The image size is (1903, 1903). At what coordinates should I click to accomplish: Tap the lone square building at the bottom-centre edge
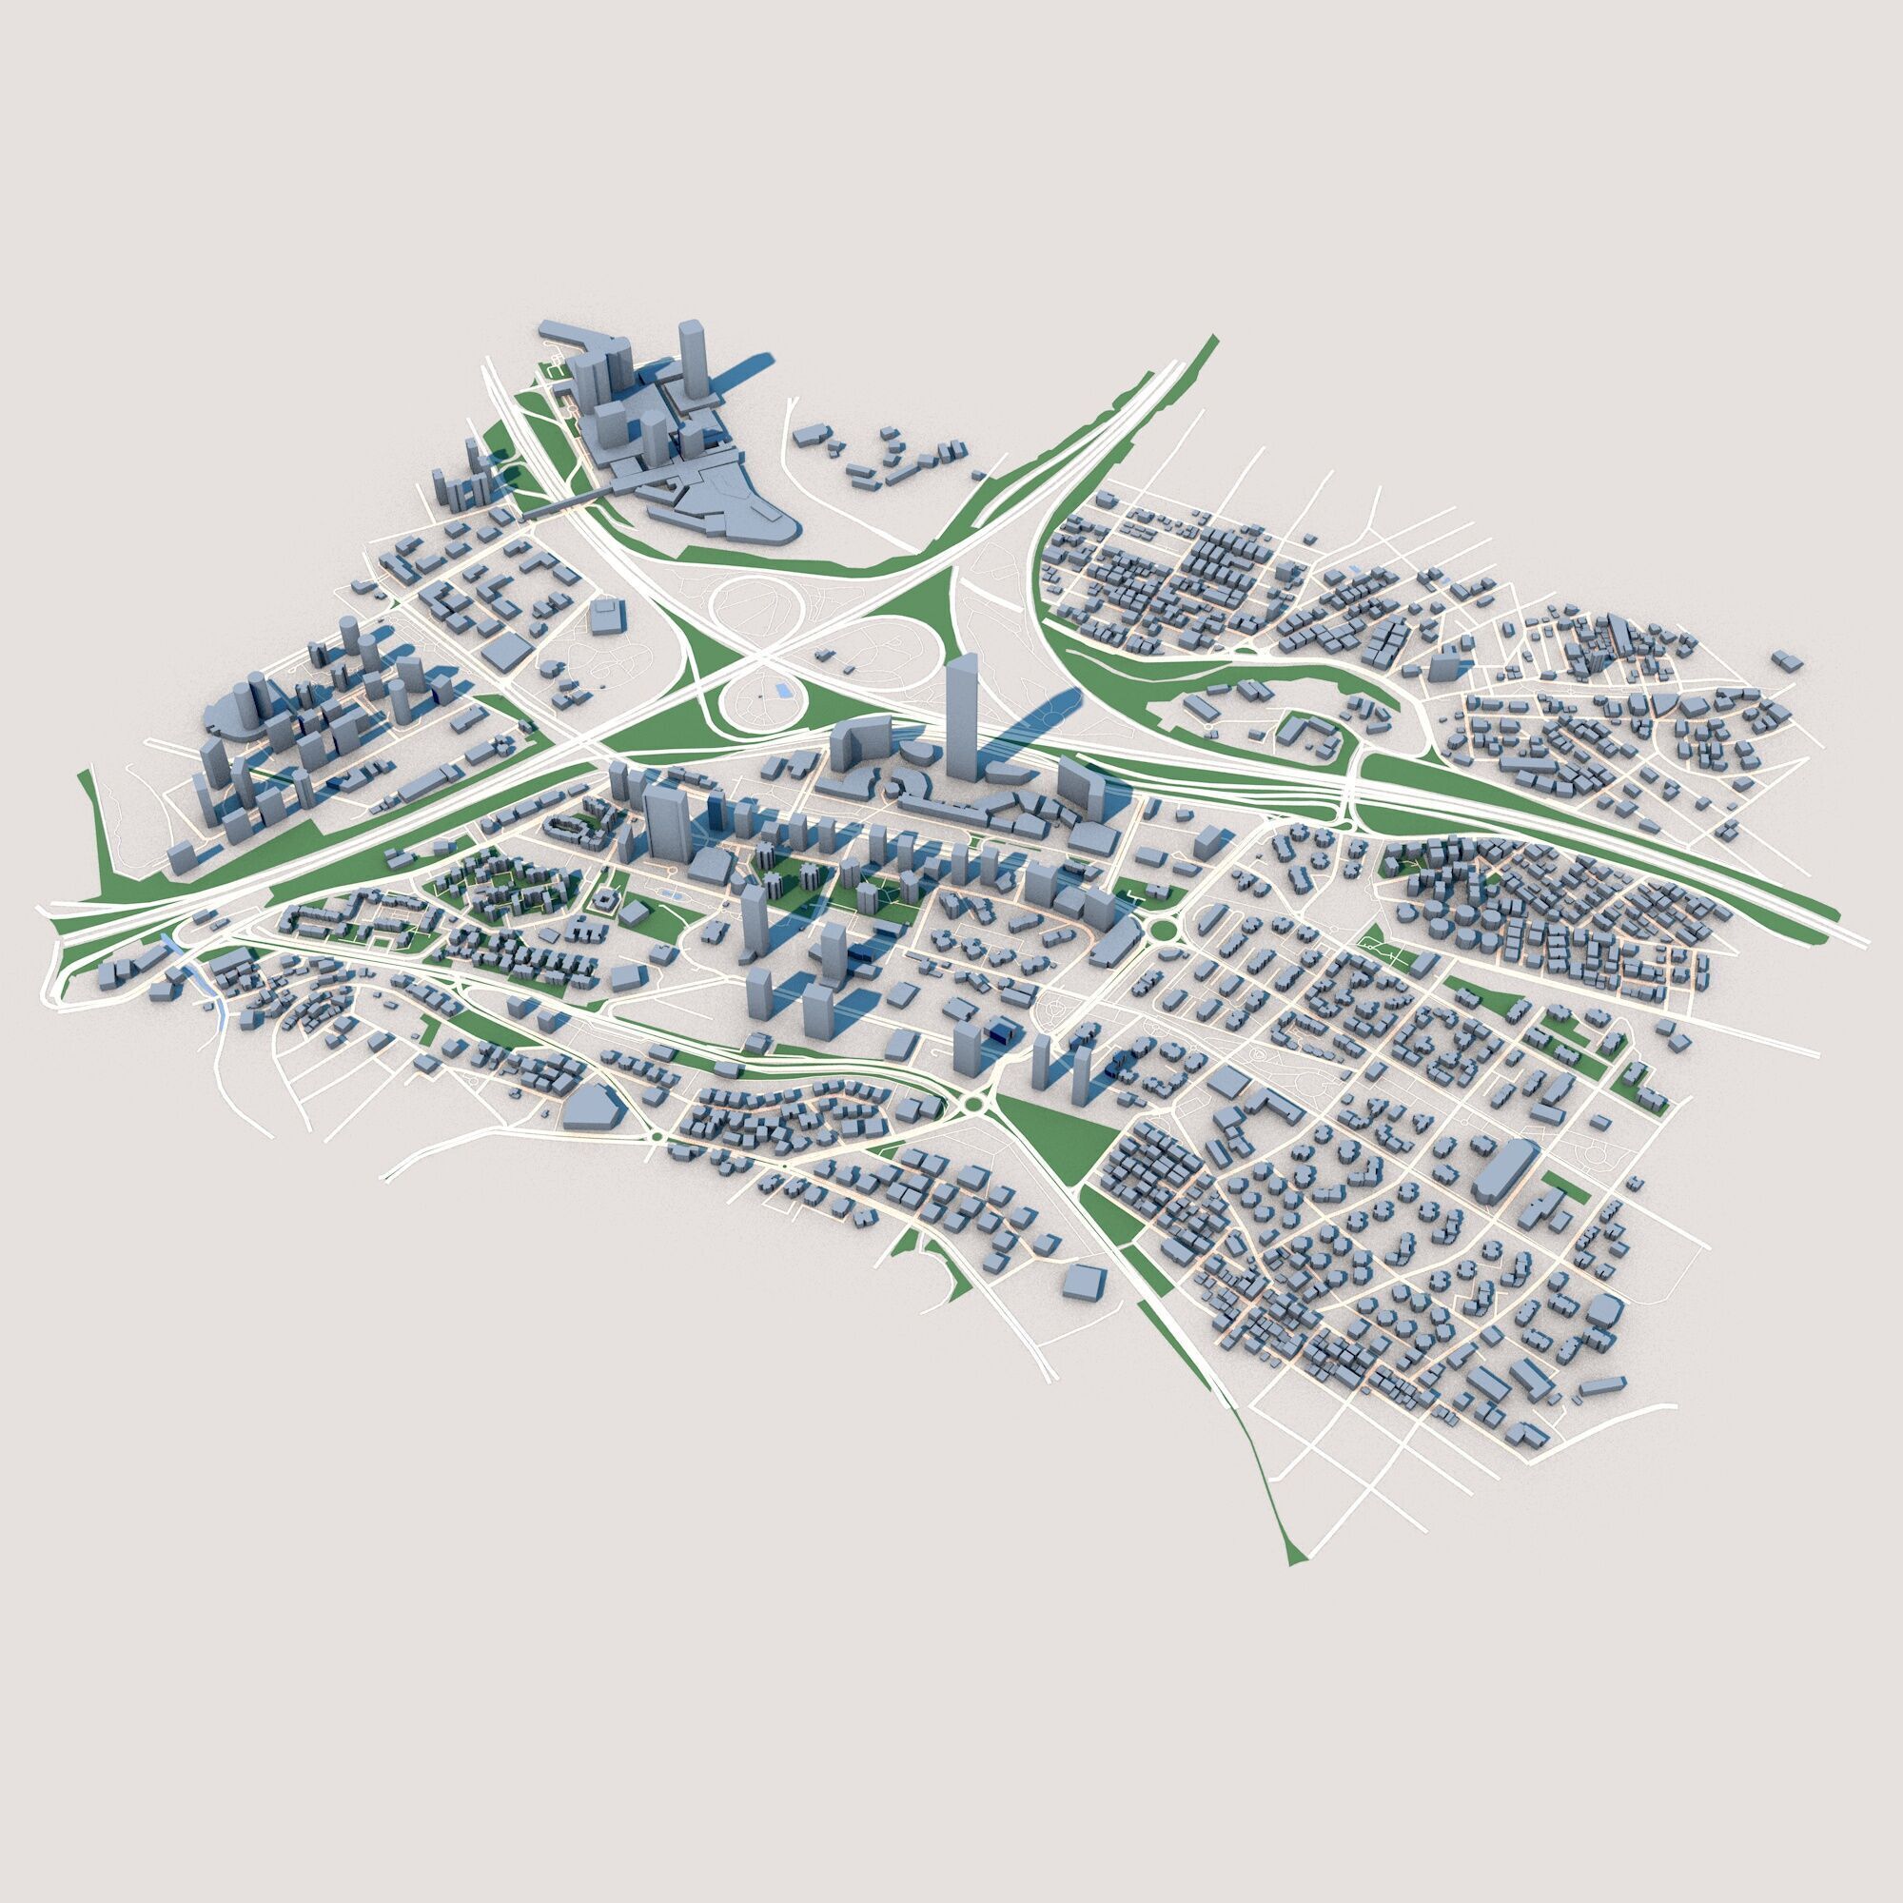(1085, 1284)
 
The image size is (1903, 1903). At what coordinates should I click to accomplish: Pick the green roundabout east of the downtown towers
(1166, 929)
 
